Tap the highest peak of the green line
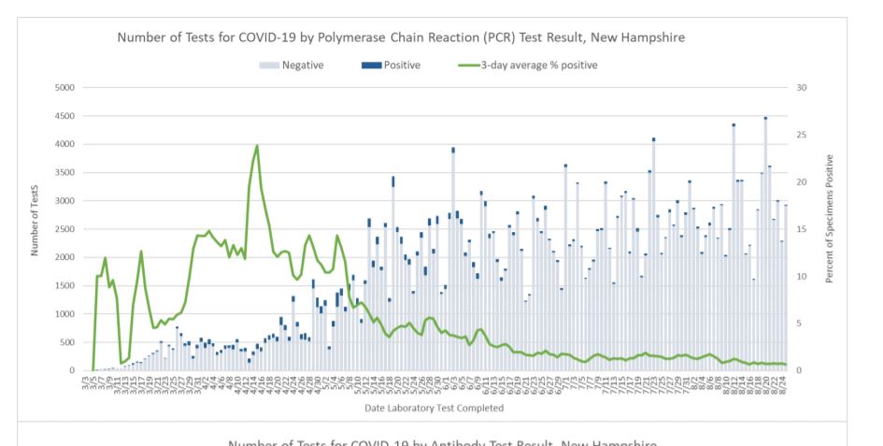tap(257, 146)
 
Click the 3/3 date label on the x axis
tap(85, 383)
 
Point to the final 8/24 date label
tap(786, 385)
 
